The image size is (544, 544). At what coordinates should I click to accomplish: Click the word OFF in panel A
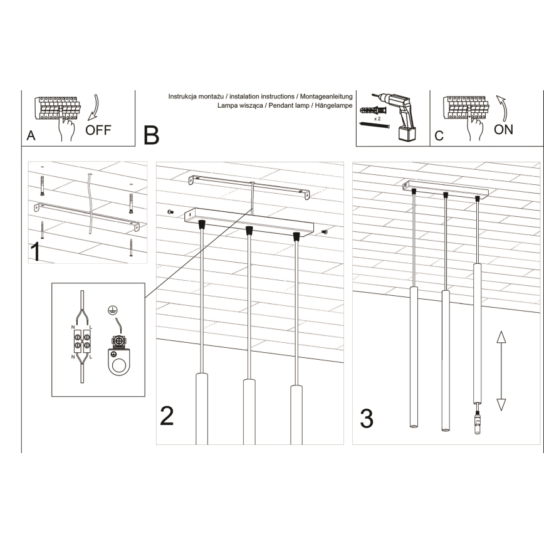tap(98, 130)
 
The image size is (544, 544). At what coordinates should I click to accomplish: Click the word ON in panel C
tap(503, 129)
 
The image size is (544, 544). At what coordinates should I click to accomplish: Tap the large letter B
tap(151, 135)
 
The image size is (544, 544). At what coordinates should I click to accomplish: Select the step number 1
tap(37, 252)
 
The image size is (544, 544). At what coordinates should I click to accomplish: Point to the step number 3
tap(367, 418)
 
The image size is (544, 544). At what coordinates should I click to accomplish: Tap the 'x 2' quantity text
tap(377, 117)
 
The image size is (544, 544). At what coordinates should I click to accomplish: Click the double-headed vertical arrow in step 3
tap(501, 371)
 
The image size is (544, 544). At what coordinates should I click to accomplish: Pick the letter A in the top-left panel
tap(31, 136)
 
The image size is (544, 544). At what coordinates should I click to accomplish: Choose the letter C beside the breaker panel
tap(439, 135)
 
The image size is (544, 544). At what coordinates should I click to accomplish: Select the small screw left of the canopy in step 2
tap(170, 213)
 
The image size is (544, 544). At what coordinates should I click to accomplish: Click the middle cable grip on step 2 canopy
tap(249, 230)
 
